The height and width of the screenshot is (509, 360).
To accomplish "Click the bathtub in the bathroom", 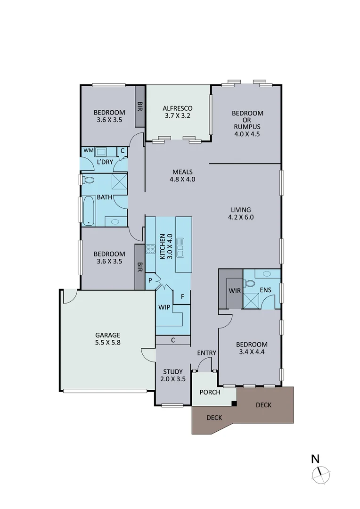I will point(88,210).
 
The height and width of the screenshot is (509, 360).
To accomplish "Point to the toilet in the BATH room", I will point(89,180).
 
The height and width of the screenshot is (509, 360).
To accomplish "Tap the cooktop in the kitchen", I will point(151,249).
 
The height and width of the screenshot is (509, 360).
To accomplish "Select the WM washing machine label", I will point(88,150).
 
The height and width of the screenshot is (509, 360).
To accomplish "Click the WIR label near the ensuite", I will point(234,291).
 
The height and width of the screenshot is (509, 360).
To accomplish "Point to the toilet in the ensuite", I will point(250,284).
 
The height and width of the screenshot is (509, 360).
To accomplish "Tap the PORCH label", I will point(210,392).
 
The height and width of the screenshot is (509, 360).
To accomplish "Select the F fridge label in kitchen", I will point(182,296).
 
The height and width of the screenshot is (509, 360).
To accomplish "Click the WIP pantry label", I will point(164,307).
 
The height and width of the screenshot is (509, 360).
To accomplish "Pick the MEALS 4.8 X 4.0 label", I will point(182,175).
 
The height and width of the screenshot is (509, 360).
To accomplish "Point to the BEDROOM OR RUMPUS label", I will point(247,123).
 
